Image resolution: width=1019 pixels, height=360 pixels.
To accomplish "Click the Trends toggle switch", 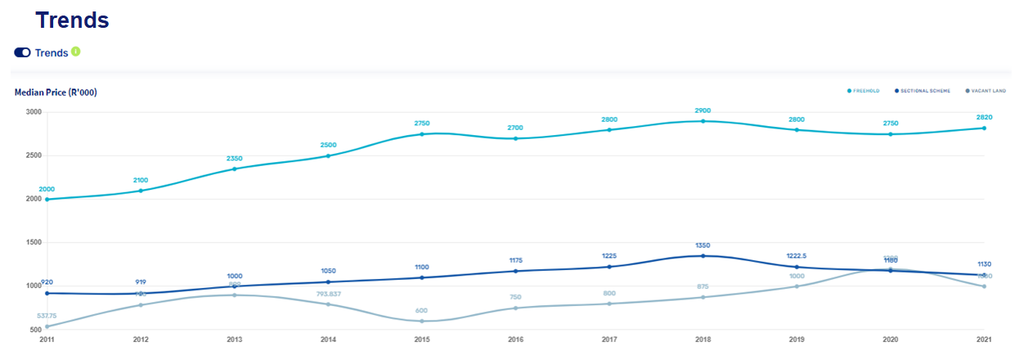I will [x=22, y=52].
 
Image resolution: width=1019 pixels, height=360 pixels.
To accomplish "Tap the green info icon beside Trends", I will [x=76, y=52].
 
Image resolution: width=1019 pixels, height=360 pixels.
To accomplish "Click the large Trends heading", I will [x=72, y=20].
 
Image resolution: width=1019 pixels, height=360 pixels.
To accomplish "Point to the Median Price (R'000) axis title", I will [x=56, y=92].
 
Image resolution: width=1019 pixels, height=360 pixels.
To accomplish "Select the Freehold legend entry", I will [x=864, y=91].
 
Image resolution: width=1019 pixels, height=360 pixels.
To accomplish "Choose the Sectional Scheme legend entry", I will [x=923, y=91].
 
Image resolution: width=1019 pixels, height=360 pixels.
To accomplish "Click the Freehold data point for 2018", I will [x=703, y=121].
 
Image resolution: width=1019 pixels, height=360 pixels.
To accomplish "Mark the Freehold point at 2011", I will [x=47, y=200].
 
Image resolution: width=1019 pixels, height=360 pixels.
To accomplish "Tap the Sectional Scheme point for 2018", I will [x=703, y=256].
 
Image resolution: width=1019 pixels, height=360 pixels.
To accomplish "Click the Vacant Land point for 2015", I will [x=422, y=321].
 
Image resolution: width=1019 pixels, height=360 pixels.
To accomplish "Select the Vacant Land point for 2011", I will [x=47, y=326].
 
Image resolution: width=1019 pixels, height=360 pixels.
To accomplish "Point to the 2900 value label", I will [x=703, y=110].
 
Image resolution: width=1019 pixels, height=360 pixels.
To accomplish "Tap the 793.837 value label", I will [x=328, y=293].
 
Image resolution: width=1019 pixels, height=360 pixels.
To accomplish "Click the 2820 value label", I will [x=984, y=117].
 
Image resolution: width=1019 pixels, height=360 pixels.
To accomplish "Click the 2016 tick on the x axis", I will [x=515, y=338].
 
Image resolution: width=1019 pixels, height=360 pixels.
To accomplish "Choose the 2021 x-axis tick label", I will [x=984, y=338].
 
